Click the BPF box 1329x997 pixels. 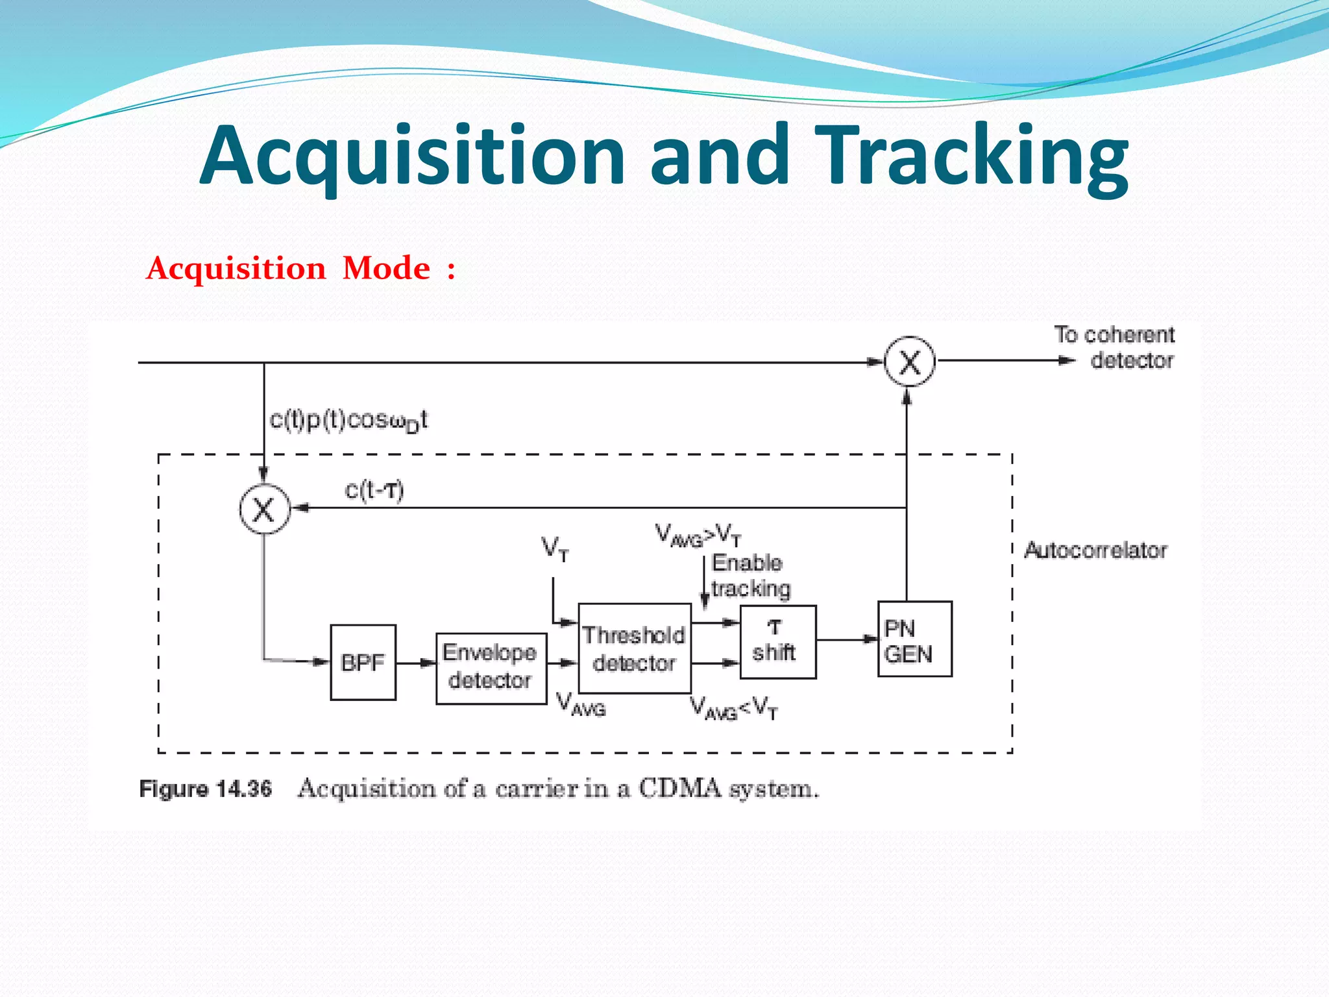pos(363,662)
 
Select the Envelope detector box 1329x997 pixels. pos(491,668)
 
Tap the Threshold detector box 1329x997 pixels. pos(634,648)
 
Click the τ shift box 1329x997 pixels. pos(777,641)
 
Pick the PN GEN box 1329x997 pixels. pos(914,639)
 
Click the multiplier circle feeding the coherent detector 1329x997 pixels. pos(909,362)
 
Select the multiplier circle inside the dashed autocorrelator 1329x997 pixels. pos(263,510)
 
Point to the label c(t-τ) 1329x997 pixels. pos(374,490)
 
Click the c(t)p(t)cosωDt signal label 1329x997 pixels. pos(348,421)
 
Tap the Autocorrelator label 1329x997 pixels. pos(1095,550)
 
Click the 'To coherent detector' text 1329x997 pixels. pos(1114,348)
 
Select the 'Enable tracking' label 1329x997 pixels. pos(750,576)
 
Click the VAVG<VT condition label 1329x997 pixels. pos(733,708)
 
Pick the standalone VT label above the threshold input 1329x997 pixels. pos(555,549)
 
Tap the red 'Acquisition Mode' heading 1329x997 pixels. pos(300,268)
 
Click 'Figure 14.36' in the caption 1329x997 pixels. pos(205,789)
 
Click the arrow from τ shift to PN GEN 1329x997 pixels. pos(846,639)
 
